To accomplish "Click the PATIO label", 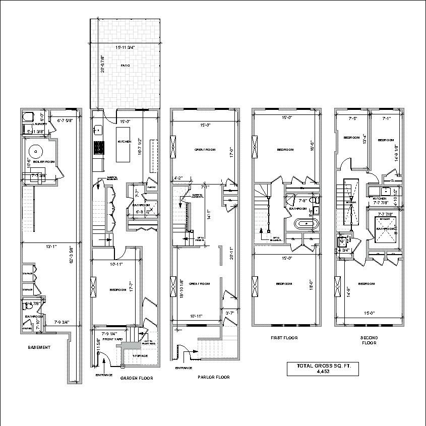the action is (x=125, y=66).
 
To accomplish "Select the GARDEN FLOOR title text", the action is (x=137, y=378).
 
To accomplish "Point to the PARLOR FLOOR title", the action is (x=214, y=377).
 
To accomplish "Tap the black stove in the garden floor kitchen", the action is (x=99, y=148).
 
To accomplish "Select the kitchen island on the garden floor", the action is (x=124, y=144).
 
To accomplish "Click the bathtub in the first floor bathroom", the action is (x=305, y=222).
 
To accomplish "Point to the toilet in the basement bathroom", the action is (x=27, y=306).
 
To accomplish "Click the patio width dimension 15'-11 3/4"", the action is (x=125, y=47).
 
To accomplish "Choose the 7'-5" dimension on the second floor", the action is (x=353, y=119).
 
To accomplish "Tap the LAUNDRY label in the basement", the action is (x=39, y=124).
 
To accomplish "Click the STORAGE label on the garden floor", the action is (x=139, y=355).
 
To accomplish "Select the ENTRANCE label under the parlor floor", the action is (x=184, y=368).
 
